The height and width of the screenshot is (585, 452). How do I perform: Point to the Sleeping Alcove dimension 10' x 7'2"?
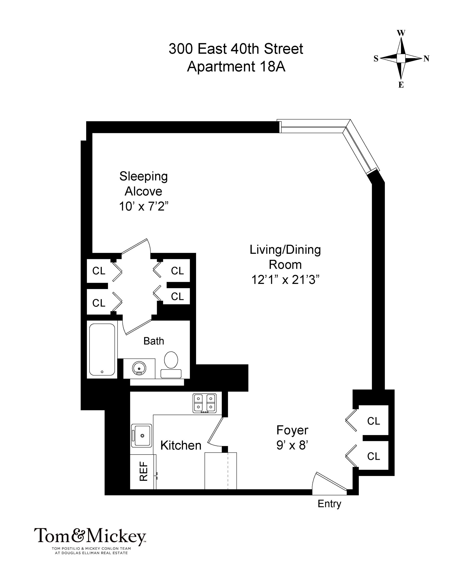pos(144,206)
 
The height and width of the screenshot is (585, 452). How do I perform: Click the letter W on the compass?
pos(401,33)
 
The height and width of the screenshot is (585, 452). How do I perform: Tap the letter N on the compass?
pos(426,58)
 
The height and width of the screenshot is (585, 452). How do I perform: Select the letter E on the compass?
pos(401,85)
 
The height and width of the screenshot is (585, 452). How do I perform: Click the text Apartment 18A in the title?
pos(236,66)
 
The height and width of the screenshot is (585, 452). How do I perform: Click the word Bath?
pos(154,341)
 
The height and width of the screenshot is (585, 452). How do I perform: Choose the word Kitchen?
pos(181,445)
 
